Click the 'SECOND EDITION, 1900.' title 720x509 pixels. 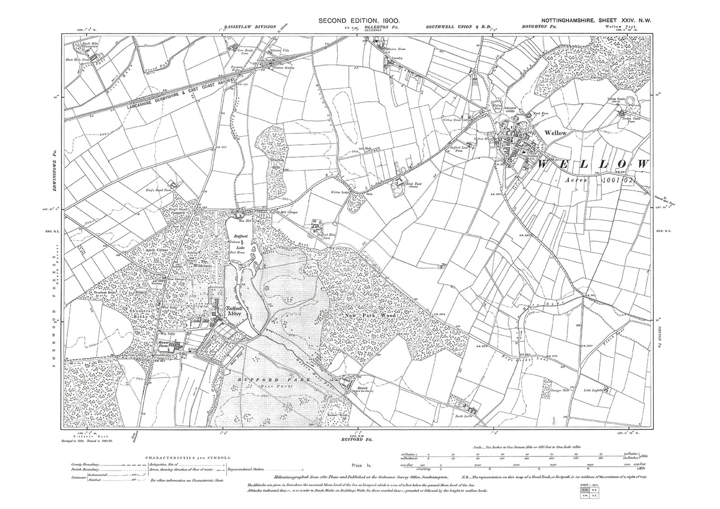[359, 21]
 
